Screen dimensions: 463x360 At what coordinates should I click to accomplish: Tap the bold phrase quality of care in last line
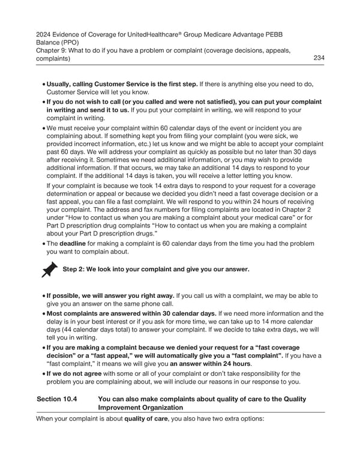[x=148, y=419]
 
